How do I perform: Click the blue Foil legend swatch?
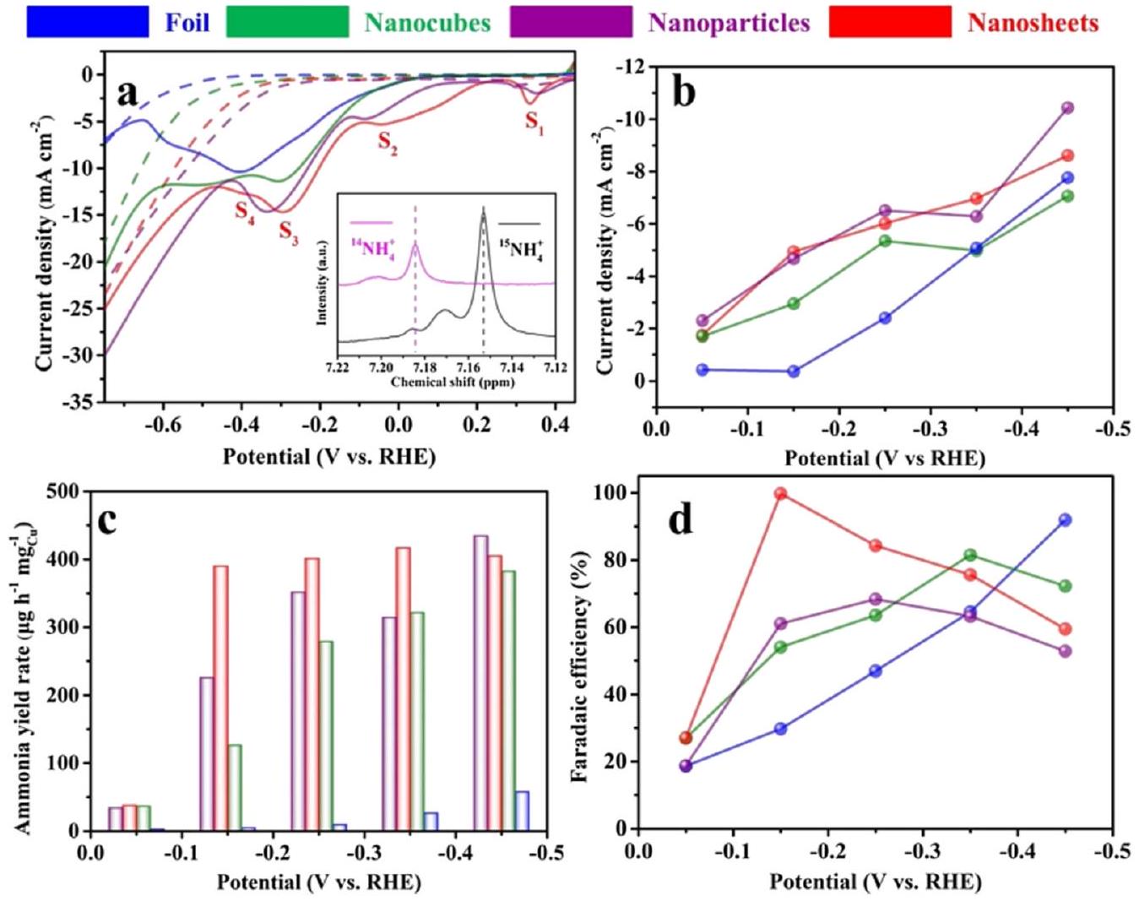(x=87, y=22)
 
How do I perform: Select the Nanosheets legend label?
(x=1033, y=23)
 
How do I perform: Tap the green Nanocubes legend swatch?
(x=287, y=22)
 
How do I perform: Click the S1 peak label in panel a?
(x=534, y=122)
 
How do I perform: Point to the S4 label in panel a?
(x=245, y=211)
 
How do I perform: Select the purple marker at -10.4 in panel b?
(x=1067, y=108)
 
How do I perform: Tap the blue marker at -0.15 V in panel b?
(x=794, y=372)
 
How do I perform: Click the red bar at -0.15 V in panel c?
(x=220, y=698)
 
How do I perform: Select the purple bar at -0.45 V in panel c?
(x=480, y=682)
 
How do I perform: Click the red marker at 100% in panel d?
(x=781, y=494)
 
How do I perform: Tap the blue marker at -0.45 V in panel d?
(x=1066, y=520)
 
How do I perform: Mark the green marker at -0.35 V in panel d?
(x=970, y=556)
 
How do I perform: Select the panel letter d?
(x=681, y=520)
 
